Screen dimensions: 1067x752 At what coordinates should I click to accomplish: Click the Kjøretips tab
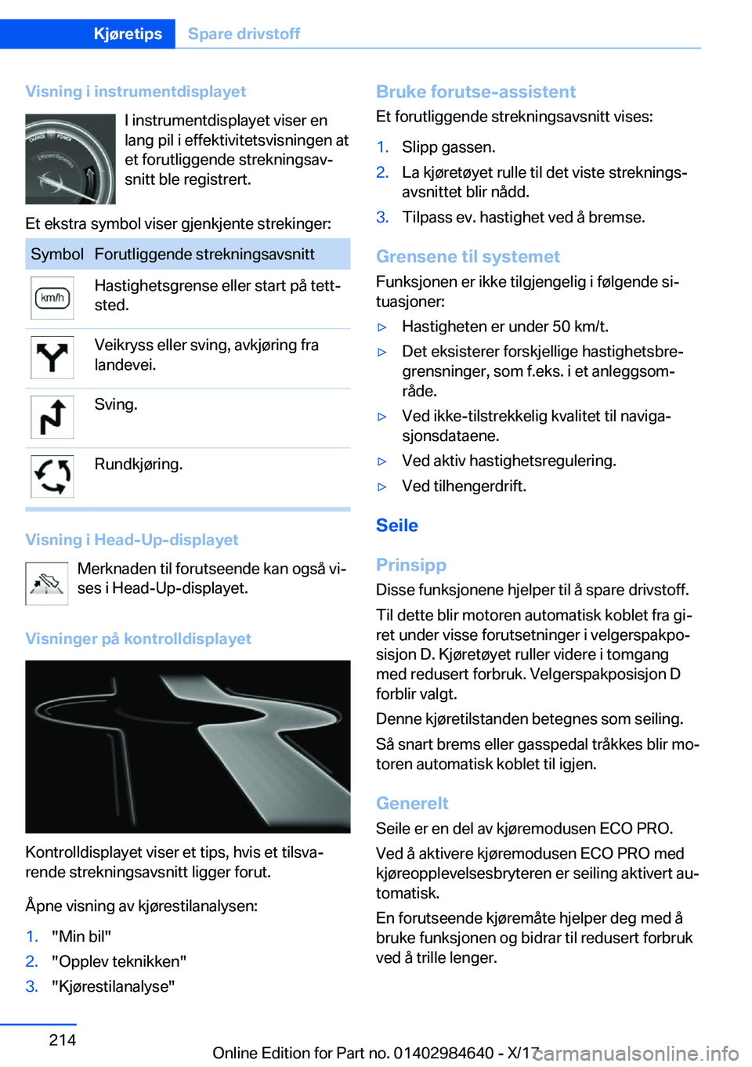pos(128,34)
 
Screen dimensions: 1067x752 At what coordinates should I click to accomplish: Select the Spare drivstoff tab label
pos(244,34)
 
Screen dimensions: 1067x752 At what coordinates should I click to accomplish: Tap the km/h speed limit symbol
pos(52,298)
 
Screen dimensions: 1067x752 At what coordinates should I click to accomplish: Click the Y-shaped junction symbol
pos(52,357)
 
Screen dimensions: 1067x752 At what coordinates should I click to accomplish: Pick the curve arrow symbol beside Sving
pos(52,417)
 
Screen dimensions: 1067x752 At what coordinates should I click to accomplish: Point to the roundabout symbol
pos(52,476)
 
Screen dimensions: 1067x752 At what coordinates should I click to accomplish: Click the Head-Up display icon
pos(47,584)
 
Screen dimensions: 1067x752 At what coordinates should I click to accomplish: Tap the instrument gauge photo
pos(70,159)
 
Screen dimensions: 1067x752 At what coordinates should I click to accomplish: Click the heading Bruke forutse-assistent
pos(475,92)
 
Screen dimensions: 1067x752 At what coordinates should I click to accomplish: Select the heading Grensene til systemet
pos(468,256)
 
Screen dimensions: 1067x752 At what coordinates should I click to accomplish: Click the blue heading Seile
pos(397,526)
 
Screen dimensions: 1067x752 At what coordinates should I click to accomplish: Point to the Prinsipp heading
pos(411,565)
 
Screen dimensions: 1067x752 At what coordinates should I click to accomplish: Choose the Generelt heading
pos(412,803)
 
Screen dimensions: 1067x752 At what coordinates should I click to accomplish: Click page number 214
pos(63,1040)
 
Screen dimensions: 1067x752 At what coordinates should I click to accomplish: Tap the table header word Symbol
pos(57,255)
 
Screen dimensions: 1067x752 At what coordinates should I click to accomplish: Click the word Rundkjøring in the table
pos(139,465)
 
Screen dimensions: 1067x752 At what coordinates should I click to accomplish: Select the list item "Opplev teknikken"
pos(119,961)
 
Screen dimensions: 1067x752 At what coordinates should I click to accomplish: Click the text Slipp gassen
pos(449,147)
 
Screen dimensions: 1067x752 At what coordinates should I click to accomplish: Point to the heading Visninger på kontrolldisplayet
pos(139,638)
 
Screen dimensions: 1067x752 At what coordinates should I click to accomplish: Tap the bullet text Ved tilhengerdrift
pos(465,486)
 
